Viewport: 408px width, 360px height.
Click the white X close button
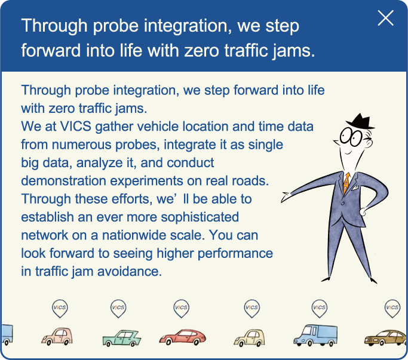tap(385, 18)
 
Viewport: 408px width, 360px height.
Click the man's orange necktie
tap(346, 183)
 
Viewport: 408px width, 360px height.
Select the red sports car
tap(183, 337)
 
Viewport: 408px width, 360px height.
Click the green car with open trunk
tap(122, 338)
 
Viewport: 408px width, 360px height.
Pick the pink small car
tap(57, 336)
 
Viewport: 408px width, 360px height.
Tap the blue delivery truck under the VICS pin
tap(315, 336)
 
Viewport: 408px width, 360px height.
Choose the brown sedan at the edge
tap(386, 338)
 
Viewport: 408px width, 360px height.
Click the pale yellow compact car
tap(249, 338)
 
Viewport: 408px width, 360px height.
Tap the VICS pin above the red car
tap(182, 309)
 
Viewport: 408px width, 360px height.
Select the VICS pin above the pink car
tap(60, 309)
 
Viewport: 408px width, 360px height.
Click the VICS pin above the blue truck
tap(319, 309)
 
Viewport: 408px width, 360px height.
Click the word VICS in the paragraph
tap(75, 127)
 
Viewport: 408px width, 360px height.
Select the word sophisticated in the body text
tap(200, 217)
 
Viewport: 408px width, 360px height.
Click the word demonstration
tap(63, 181)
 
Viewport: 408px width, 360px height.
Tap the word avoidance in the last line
tap(129, 272)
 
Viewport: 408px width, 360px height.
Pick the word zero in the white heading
tap(201, 51)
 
